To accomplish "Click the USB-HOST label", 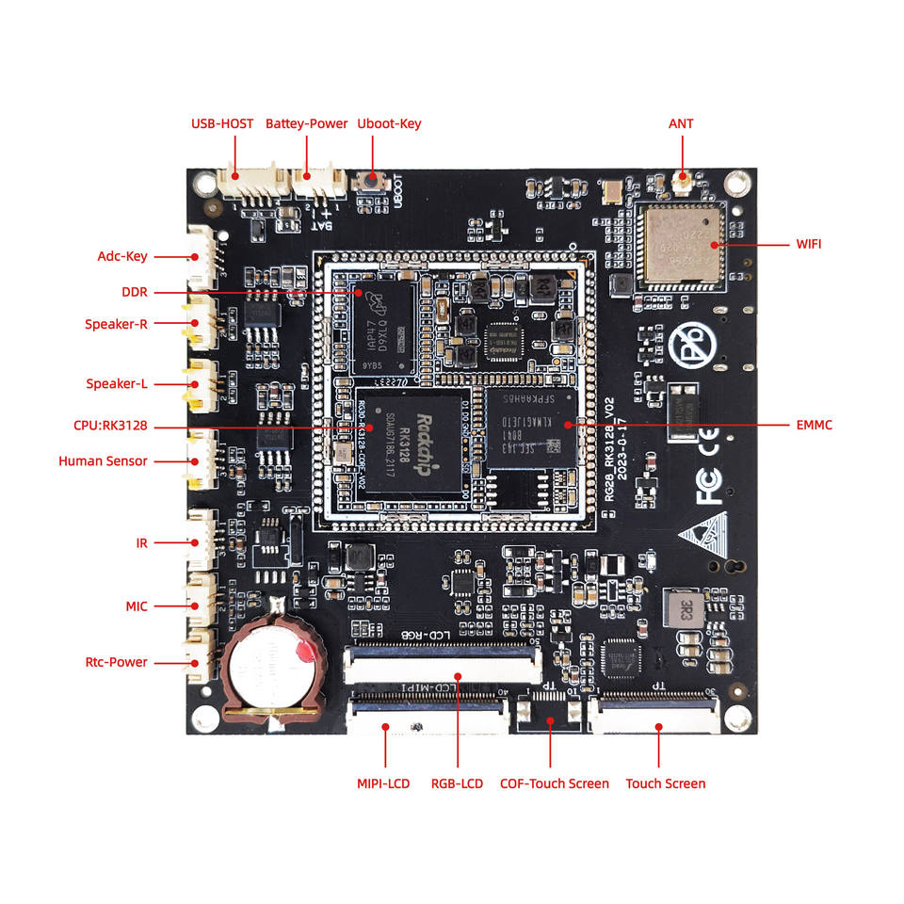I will click(x=222, y=123).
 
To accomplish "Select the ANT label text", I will click(x=681, y=123).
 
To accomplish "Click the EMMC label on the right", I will click(x=814, y=425).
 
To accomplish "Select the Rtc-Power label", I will click(x=116, y=662).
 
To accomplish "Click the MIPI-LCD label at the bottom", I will click(x=383, y=783).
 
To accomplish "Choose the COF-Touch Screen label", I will click(x=554, y=783).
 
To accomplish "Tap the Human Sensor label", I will click(x=103, y=461).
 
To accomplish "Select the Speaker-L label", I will click(x=117, y=383).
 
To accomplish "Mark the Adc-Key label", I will click(x=122, y=256).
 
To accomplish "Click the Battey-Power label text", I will click(x=306, y=123).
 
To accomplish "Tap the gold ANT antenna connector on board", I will click(x=682, y=177).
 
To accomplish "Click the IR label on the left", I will click(x=142, y=543).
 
